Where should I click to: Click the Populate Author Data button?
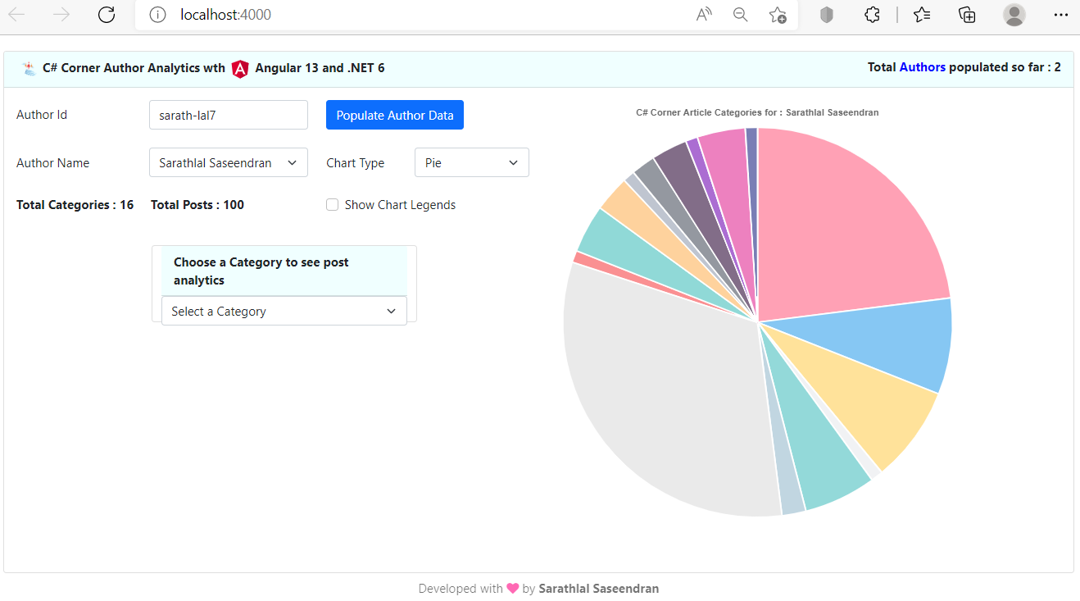point(394,116)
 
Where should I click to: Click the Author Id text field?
point(228,116)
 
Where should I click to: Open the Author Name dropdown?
point(228,163)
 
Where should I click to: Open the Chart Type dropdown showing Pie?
point(471,163)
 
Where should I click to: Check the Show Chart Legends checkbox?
point(333,205)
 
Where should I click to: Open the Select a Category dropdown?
point(284,312)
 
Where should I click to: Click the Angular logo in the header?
point(240,69)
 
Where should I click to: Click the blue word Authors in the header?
point(922,67)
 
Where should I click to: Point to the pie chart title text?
point(757,112)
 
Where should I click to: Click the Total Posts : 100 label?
point(197,205)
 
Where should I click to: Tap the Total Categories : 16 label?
point(75,205)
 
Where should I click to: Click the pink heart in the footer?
point(513,589)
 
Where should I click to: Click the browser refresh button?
point(107,15)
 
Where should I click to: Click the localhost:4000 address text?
point(225,15)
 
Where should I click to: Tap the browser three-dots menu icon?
point(1061,15)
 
